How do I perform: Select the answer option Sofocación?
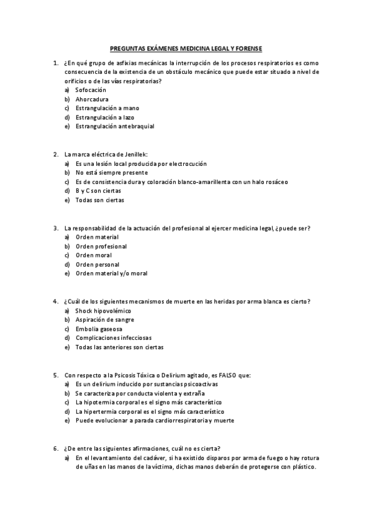(x=91, y=89)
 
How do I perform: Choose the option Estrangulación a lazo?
(x=104, y=117)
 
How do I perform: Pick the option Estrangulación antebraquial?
(x=114, y=126)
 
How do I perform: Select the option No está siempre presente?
(x=111, y=172)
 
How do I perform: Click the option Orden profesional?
(x=101, y=246)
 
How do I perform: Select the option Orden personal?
(x=98, y=264)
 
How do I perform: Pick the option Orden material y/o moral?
(x=111, y=273)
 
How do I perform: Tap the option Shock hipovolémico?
(x=103, y=310)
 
